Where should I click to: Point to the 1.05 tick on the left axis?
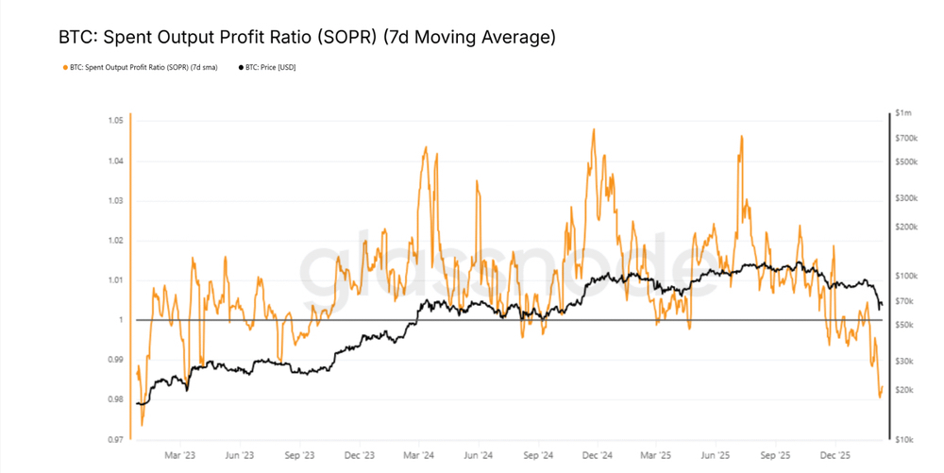[x=115, y=121]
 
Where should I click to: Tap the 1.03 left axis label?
[x=115, y=201]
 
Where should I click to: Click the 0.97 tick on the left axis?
[x=115, y=439]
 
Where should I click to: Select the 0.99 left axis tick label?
[x=115, y=360]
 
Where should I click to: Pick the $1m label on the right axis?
[x=905, y=113]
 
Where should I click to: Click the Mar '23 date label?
[x=179, y=454]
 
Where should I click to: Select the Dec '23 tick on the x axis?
[x=360, y=454]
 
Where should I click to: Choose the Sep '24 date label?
[x=537, y=454]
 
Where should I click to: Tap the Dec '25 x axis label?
[x=835, y=454]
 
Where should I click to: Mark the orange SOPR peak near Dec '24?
[x=593, y=129]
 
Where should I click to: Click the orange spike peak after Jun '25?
[x=742, y=136]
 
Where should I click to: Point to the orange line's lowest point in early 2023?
[x=142, y=425]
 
